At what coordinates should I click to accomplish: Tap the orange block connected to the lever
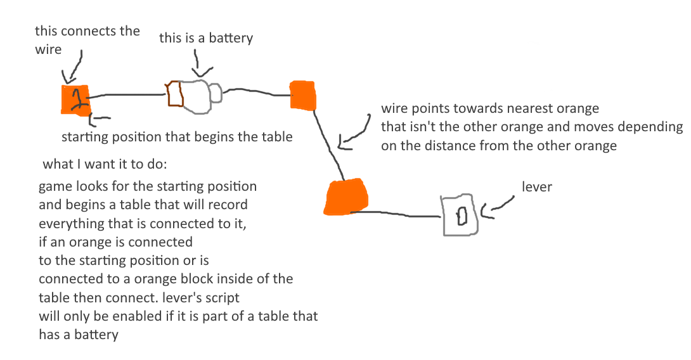346,197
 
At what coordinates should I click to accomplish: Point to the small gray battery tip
216,94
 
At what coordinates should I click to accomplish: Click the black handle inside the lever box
462,216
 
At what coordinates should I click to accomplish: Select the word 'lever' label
536,187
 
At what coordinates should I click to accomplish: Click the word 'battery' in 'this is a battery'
231,38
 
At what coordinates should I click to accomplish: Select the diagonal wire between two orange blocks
330,143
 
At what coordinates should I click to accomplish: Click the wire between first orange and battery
127,95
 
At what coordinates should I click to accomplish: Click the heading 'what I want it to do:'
105,165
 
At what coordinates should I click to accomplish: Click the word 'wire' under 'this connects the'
48,49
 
